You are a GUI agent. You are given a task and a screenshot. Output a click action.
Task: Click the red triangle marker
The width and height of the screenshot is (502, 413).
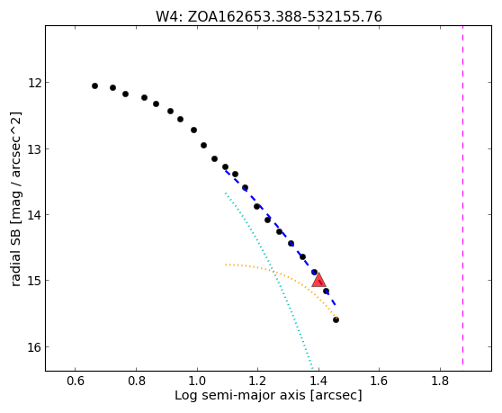pyautogui.click(x=318, y=280)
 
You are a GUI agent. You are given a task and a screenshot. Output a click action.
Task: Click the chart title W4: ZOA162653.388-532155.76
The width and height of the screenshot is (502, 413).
pyautogui.click(x=269, y=17)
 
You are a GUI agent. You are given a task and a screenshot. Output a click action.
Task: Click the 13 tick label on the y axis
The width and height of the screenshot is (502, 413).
pyautogui.click(x=34, y=149)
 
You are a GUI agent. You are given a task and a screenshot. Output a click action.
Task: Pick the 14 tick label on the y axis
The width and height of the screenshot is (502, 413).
pyautogui.click(x=34, y=215)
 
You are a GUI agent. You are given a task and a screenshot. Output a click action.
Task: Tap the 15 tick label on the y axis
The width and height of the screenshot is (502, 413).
pyautogui.click(x=34, y=281)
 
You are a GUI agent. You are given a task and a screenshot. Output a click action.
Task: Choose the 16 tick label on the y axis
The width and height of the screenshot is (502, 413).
pyautogui.click(x=34, y=347)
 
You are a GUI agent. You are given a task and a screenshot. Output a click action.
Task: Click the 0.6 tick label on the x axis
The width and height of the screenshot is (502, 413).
pyautogui.click(x=76, y=381)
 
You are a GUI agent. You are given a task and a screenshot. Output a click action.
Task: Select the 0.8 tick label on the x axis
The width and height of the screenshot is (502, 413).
pyautogui.click(x=137, y=381)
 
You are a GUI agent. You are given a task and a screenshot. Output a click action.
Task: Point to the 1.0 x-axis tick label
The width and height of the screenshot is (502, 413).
pyautogui.click(x=197, y=381)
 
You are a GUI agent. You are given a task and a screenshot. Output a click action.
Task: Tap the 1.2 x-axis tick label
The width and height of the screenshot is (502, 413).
pyautogui.click(x=257, y=381)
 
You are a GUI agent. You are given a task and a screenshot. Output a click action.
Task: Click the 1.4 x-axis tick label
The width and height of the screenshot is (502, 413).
pyautogui.click(x=318, y=381)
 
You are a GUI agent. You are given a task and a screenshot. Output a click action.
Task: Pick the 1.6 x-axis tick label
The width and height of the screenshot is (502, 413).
pyautogui.click(x=380, y=381)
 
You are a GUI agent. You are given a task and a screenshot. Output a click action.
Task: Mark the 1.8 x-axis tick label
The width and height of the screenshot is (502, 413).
pyautogui.click(x=440, y=381)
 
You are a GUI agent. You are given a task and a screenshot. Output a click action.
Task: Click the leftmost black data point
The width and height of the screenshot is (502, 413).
pyautogui.click(x=94, y=85)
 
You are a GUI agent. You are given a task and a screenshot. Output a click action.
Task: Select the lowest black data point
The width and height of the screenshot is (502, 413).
pyautogui.click(x=336, y=319)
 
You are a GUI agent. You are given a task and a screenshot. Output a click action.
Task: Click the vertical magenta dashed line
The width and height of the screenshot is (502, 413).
pyautogui.click(x=463, y=195)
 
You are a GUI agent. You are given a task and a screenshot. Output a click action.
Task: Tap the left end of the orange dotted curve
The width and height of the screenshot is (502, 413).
pyautogui.click(x=226, y=265)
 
